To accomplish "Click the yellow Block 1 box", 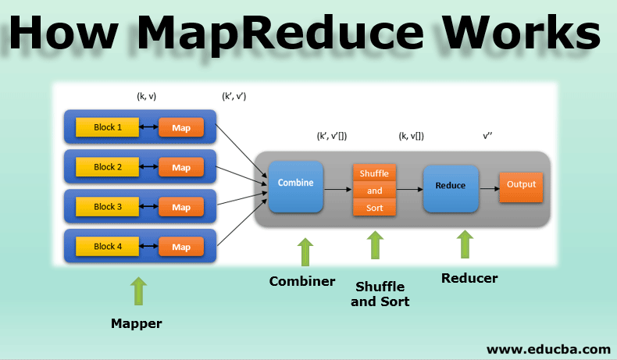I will pos(108,127).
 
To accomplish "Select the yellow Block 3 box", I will pos(108,207).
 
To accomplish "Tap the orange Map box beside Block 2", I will pos(181,167).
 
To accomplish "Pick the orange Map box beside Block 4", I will pos(181,247).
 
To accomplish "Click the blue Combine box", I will pos(296,186).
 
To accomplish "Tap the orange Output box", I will pos(521,185).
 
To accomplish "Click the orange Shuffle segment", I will pos(375,173).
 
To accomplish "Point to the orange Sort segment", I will pos(375,208).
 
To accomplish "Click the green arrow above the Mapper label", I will pos(138,290).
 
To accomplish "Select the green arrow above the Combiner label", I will pos(305,251).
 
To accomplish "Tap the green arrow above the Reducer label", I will pos(465,244).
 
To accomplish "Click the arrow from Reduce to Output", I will pos(489,188).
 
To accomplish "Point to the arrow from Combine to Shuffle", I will pos(337,189).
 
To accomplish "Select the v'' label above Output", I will pos(487,135).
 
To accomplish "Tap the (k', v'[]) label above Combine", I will pos(332,135).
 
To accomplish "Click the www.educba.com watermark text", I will pos(548,348).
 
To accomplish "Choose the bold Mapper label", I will pos(137,323).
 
